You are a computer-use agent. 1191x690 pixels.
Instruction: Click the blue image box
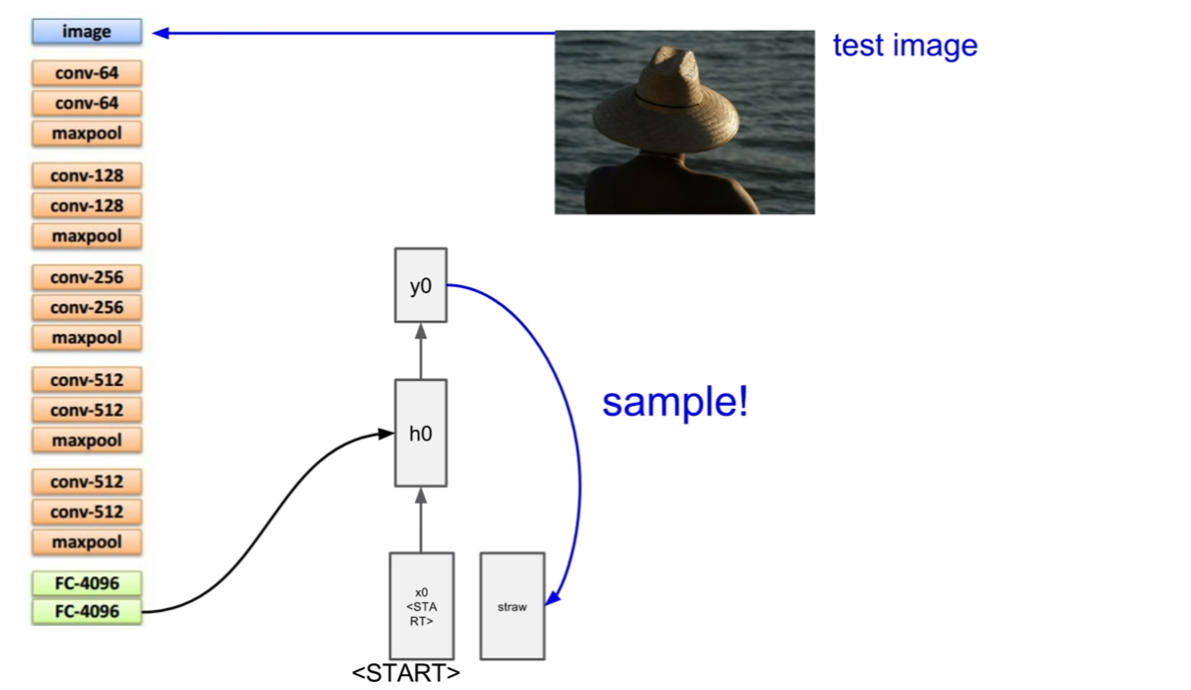point(87,31)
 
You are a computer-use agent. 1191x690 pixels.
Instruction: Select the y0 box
point(421,285)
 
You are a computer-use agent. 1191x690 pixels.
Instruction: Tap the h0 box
point(421,433)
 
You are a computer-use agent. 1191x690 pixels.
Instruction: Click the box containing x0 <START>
point(422,605)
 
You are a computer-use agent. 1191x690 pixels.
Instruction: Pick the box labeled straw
point(512,605)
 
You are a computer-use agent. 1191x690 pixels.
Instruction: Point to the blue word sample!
point(674,401)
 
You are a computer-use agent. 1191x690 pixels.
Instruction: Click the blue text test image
point(905,45)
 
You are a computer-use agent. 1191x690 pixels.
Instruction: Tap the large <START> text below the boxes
point(406,673)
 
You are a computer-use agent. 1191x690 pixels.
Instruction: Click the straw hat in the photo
point(665,102)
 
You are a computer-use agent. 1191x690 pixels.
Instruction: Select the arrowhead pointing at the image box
point(161,33)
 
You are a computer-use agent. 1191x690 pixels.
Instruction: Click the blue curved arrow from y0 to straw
point(580,456)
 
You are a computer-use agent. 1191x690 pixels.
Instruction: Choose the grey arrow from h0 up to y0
point(421,351)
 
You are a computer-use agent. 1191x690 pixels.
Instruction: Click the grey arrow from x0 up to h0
point(421,519)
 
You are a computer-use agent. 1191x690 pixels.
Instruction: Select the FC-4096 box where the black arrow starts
point(87,611)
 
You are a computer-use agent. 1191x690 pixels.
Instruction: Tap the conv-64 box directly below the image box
point(87,73)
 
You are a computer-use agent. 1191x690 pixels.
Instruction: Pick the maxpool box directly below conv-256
point(87,338)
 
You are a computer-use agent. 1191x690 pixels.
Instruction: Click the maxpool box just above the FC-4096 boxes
point(87,542)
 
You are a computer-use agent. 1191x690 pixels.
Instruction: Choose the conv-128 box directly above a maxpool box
point(87,205)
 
